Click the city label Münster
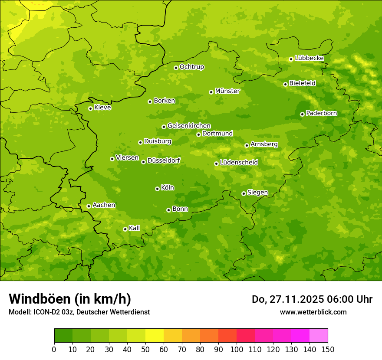pyautogui.click(x=227, y=91)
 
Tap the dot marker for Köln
pyautogui.click(x=157, y=189)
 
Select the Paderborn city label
pyautogui.click(x=322, y=113)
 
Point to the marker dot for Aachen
pyautogui.click(x=89, y=206)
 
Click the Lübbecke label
pyautogui.click(x=310, y=58)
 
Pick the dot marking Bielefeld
pyautogui.click(x=285, y=84)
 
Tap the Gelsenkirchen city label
pyautogui.click(x=189, y=126)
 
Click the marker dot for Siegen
pyautogui.click(x=244, y=193)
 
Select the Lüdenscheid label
pyautogui.click(x=239, y=163)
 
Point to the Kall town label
pyautogui.click(x=135, y=228)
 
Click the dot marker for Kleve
pyautogui.click(x=90, y=108)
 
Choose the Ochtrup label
pyautogui.click(x=192, y=67)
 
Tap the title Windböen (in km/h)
pyautogui.click(x=70, y=299)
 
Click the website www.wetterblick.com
pyautogui.click(x=313, y=312)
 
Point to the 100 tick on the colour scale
pyautogui.click(x=237, y=349)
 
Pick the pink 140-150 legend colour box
pyautogui.click(x=319, y=336)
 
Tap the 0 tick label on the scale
pyautogui.click(x=54, y=349)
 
